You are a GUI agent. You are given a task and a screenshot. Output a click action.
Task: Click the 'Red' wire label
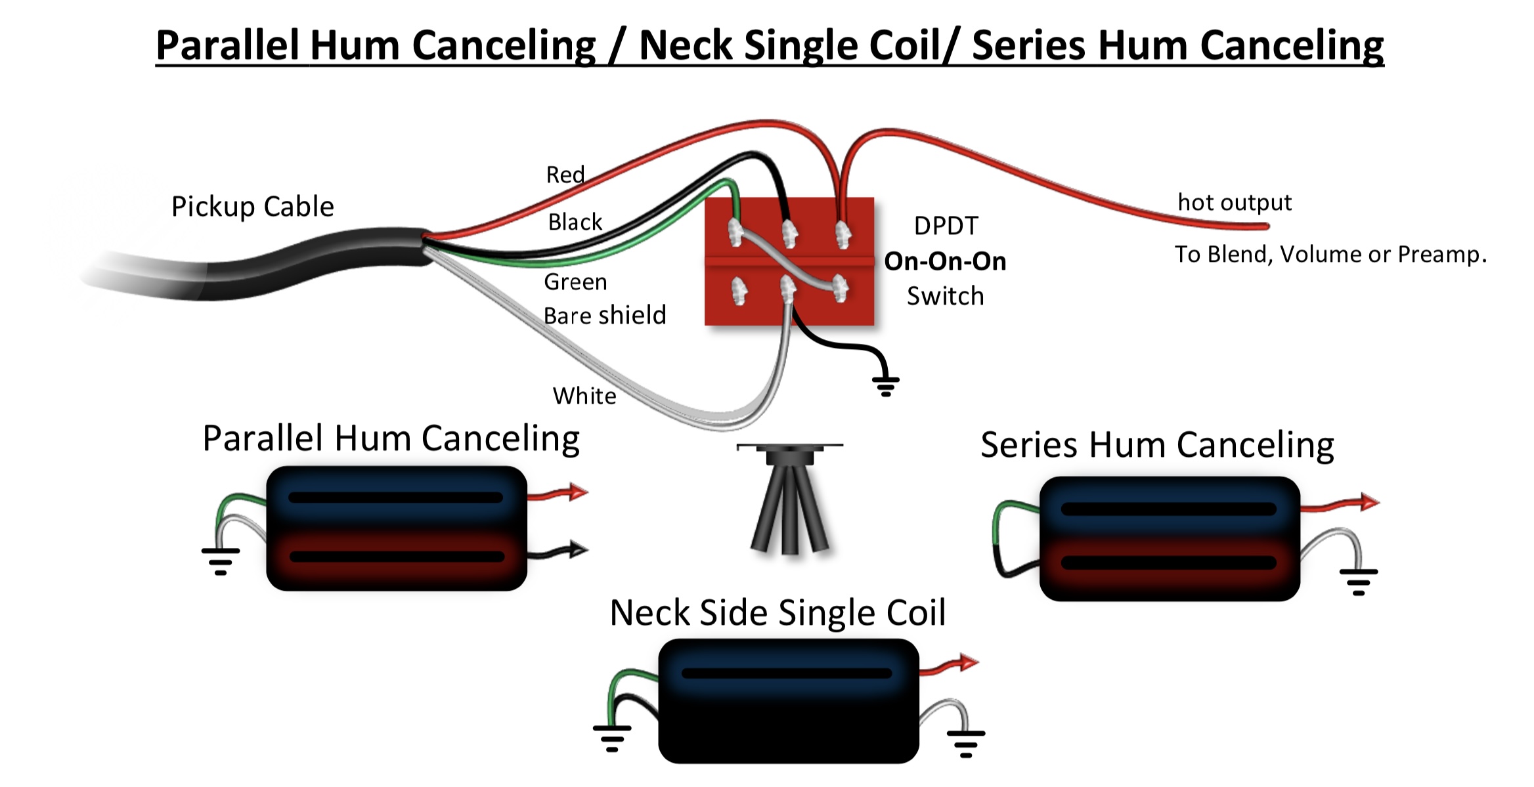pos(565,175)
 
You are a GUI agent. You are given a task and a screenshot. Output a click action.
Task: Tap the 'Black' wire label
pos(575,222)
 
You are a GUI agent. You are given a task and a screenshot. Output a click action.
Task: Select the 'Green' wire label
pos(575,282)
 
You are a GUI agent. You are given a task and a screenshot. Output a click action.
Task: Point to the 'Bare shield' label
pos(605,315)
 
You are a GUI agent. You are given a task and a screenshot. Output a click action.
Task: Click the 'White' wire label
pos(584,396)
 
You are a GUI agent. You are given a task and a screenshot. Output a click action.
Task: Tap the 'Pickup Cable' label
pos(253,207)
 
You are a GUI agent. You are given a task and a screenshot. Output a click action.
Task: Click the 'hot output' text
pos(1235,202)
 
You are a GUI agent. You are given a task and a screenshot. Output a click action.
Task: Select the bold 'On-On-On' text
pos(945,261)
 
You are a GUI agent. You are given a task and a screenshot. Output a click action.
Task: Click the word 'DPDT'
pos(946,226)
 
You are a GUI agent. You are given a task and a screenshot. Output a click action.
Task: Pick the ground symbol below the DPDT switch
pos(885,386)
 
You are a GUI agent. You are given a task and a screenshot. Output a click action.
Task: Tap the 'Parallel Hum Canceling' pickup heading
pos(391,438)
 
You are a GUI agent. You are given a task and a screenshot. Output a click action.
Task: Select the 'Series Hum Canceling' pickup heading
pos(1157,445)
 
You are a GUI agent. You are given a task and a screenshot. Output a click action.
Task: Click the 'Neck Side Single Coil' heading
pos(778,612)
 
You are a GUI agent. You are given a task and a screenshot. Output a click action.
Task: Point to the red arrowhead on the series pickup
pos(1370,502)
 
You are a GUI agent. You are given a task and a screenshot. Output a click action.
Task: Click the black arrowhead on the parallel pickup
pos(579,549)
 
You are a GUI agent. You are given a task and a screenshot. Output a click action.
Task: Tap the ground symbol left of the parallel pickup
pos(221,561)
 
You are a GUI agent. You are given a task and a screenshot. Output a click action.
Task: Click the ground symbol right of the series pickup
pos(1359,582)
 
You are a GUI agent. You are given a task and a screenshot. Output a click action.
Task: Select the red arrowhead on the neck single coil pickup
pos(969,662)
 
